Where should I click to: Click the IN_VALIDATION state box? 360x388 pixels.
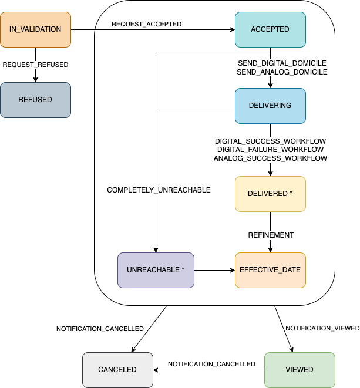pos(35,29)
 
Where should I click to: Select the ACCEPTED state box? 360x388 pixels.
pos(270,29)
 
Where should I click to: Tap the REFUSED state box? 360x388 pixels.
pos(35,100)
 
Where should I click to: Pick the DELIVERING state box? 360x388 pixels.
pos(270,106)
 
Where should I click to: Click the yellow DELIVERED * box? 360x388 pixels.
pos(270,194)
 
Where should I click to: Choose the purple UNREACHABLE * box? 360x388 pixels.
pos(156,270)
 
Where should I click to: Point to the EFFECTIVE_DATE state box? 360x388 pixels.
pos(270,270)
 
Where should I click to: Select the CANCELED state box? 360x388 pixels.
pos(117,370)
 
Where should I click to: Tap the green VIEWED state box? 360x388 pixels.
pos(300,370)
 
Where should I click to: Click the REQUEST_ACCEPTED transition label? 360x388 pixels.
pos(147,25)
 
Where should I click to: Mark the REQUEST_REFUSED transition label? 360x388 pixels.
pos(35,65)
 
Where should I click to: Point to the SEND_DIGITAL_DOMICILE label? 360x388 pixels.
pos(282,63)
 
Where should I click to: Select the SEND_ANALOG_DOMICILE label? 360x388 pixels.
pos(282,72)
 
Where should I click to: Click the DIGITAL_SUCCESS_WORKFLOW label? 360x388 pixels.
pos(270,141)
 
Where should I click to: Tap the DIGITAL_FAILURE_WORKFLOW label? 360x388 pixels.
pos(270,150)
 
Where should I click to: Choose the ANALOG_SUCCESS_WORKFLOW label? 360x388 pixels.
pos(270,158)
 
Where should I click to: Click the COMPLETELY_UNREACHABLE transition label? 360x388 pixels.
pos(159,190)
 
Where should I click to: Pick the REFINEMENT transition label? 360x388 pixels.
pos(271,235)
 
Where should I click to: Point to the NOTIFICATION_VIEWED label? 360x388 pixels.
pos(322,328)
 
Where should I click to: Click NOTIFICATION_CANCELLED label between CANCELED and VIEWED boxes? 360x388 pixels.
pos(211,364)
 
